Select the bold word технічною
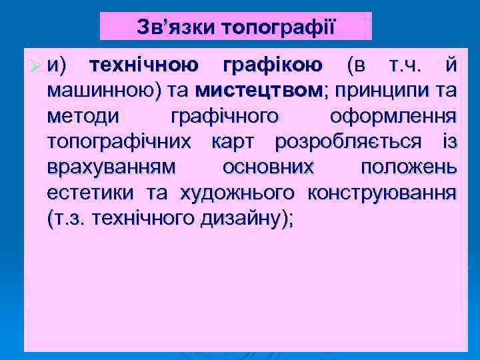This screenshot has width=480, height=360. pyautogui.click(x=143, y=65)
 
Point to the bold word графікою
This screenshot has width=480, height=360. pyautogui.click(x=273, y=65)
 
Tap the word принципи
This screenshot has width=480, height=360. pyautogui.click(x=380, y=91)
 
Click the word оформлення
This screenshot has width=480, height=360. pyautogui.click(x=393, y=117)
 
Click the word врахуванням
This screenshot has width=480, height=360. pyautogui.click(x=112, y=167)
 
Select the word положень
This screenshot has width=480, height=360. pyautogui.click(x=409, y=167)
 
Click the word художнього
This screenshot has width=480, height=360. pyautogui.click(x=237, y=193)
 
